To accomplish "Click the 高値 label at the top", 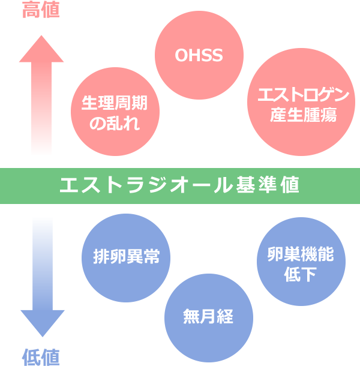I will pyautogui.click(x=41, y=10).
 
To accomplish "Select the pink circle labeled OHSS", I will pyautogui.click(x=199, y=56).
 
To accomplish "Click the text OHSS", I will pyautogui.click(x=199, y=56).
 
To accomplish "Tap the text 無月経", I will pyautogui.click(x=208, y=316).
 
